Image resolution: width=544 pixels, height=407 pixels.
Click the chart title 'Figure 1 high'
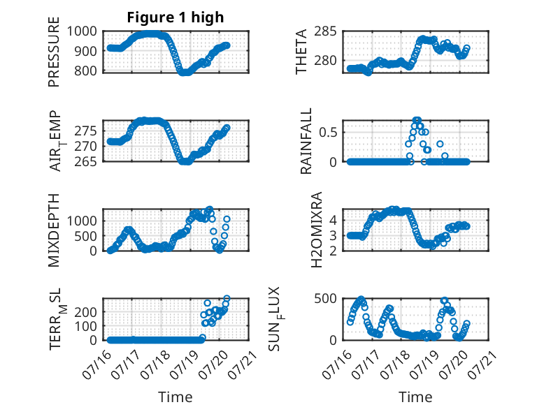[x=176, y=17]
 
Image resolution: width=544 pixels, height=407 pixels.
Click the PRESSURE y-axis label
[x=54, y=52]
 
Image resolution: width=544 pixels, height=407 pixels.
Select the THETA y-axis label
[x=301, y=52]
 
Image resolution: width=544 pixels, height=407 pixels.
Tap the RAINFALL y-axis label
[x=306, y=141]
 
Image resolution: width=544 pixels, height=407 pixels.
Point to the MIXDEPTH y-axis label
[x=54, y=230]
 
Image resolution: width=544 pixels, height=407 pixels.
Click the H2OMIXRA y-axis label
[x=317, y=230]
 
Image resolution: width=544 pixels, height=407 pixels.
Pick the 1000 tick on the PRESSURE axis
[x=82, y=31]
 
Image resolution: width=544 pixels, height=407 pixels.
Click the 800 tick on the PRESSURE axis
[x=85, y=71]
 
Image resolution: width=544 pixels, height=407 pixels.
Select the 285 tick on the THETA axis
[x=325, y=31]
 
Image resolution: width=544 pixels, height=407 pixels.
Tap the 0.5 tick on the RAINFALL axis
[x=328, y=133]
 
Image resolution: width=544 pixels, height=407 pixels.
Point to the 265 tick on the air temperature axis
[x=85, y=161]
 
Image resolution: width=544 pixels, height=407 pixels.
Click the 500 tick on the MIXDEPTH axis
[x=85, y=236]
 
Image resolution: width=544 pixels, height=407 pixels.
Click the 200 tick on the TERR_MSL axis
[x=85, y=312]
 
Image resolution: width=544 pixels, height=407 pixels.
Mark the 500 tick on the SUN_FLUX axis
[x=325, y=298]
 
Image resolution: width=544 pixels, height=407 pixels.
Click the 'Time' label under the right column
[x=415, y=397]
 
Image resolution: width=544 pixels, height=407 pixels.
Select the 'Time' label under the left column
[x=176, y=397]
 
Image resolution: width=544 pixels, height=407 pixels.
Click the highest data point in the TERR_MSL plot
[x=227, y=298]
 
